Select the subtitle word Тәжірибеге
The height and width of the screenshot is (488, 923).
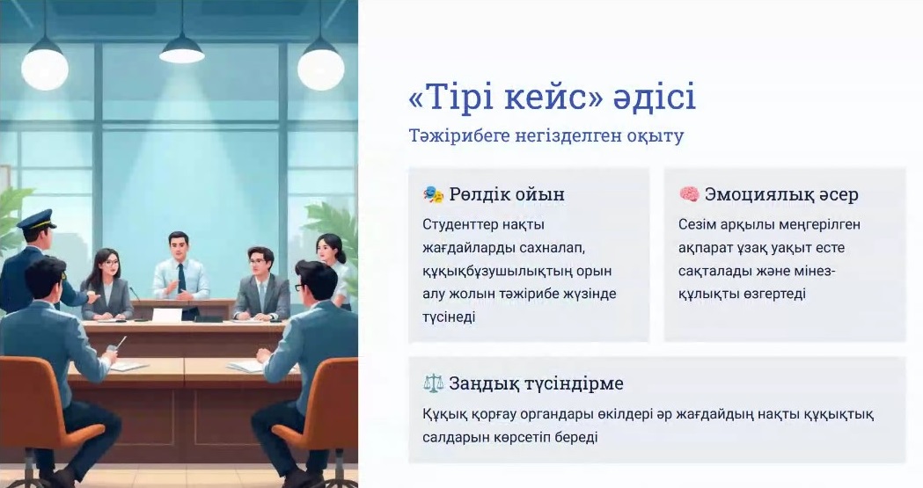(x=459, y=136)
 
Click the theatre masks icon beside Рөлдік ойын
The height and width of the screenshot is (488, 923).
(x=433, y=194)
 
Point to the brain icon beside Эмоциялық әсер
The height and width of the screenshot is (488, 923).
(x=689, y=194)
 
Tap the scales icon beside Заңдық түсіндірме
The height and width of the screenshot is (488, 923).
(x=433, y=383)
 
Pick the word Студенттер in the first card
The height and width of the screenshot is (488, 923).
(x=460, y=224)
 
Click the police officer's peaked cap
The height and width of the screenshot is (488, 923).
(x=36, y=219)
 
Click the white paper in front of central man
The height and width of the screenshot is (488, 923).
(x=167, y=315)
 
